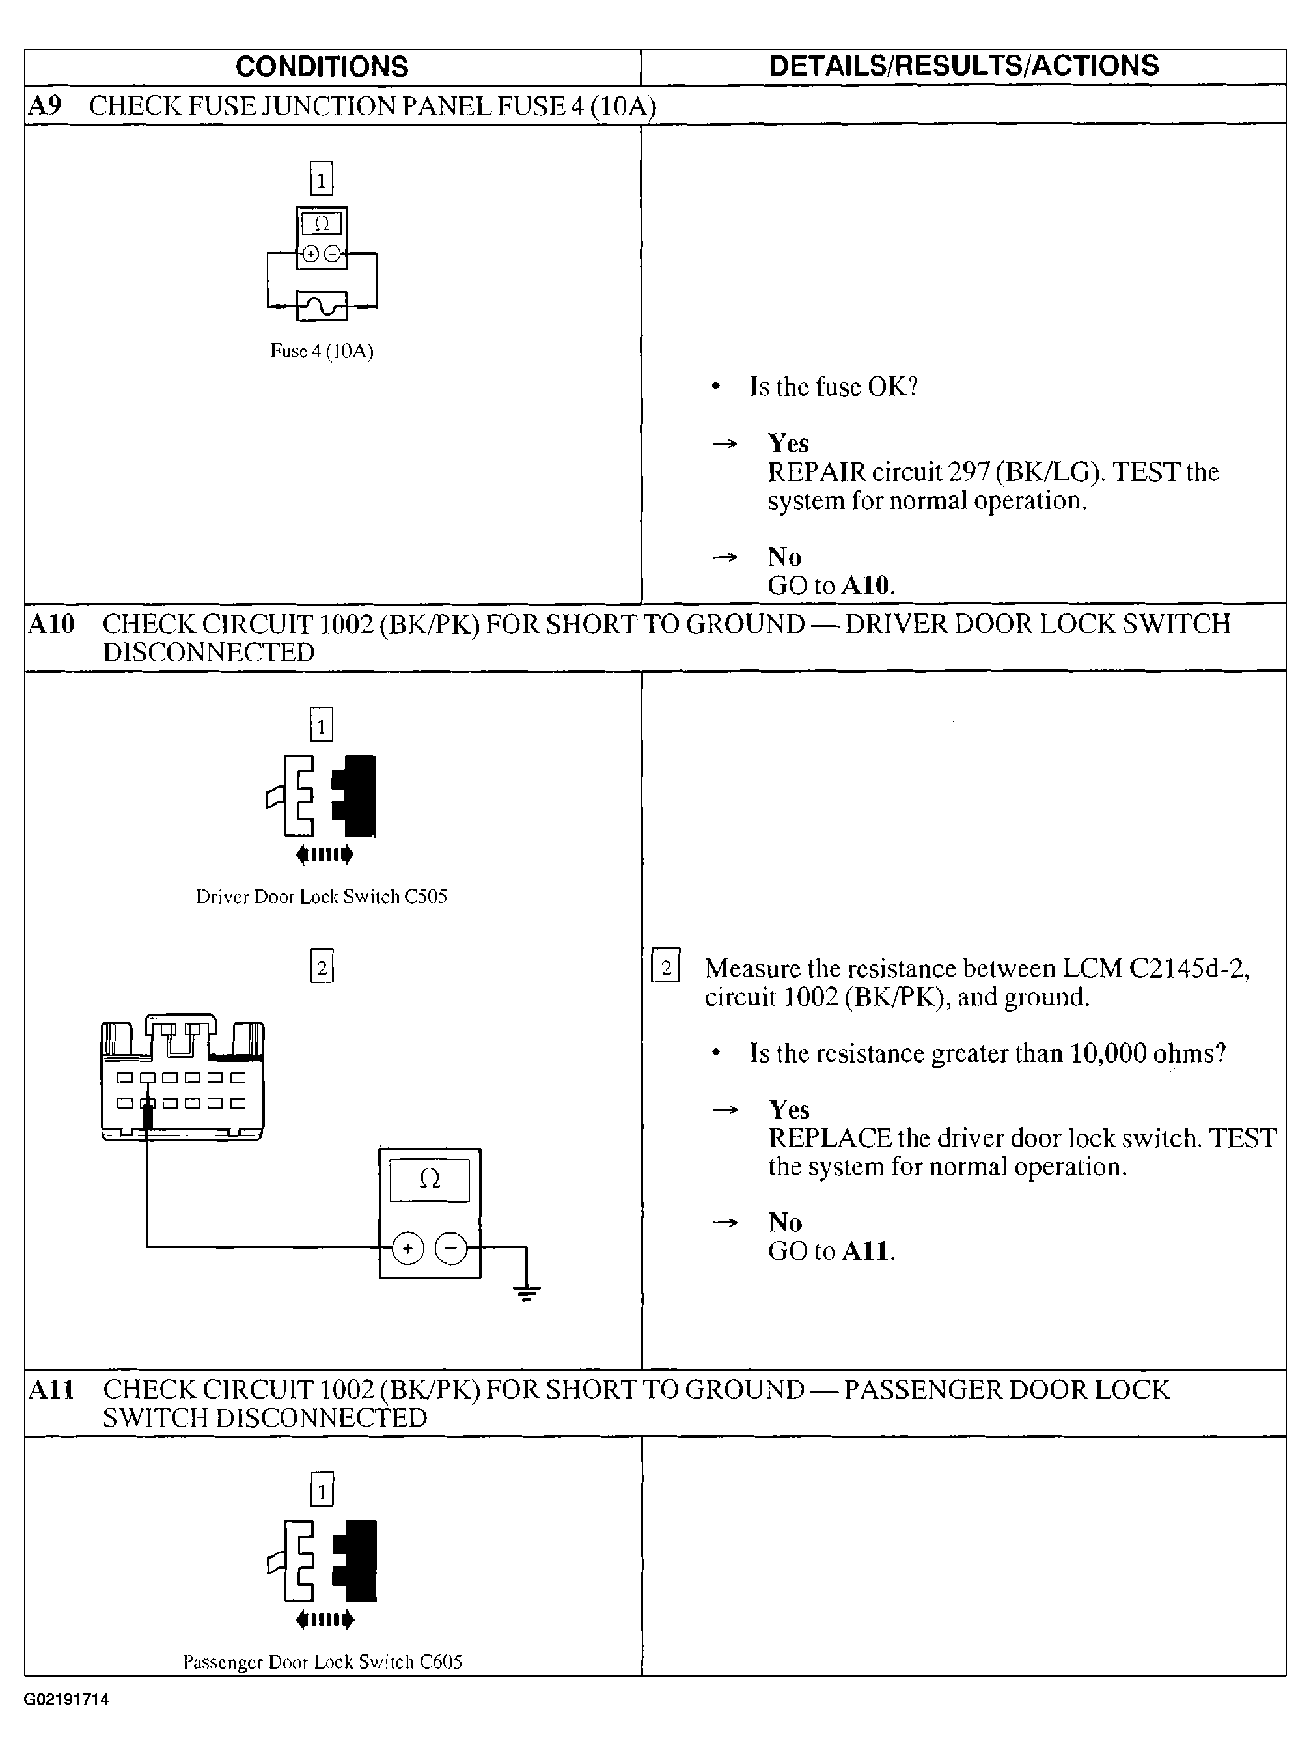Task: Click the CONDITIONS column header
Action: click(x=322, y=66)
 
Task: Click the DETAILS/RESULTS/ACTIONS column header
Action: click(x=964, y=66)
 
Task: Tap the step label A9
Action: click(x=44, y=105)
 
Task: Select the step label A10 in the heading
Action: click(x=51, y=624)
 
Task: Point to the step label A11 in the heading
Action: click(x=51, y=1389)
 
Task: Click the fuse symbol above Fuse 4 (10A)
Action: click(x=322, y=305)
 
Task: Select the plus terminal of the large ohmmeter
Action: click(x=407, y=1249)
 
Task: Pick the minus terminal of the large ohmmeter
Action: click(x=451, y=1249)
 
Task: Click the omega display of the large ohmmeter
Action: click(x=430, y=1180)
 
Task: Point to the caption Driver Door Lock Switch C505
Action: click(x=322, y=897)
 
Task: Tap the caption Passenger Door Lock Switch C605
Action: click(x=323, y=1662)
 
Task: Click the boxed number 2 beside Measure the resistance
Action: click(x=666, y=967)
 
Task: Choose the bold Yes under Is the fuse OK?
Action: click(x=788, y=443)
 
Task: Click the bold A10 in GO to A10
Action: click(x=868, y=586)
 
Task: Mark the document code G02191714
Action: click(x=66, y=1699)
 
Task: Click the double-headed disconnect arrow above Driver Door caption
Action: click(x=324, y=854)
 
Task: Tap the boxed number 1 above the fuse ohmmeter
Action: click(x=321, y=178)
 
